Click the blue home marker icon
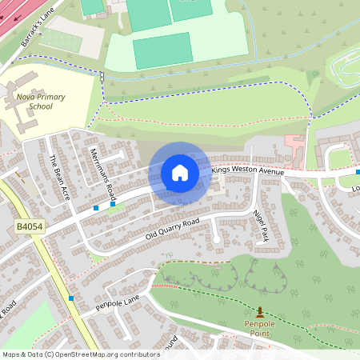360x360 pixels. (x=179, y=173)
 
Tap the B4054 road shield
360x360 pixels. (x=28, y=228)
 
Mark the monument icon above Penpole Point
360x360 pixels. (x=259, y=312)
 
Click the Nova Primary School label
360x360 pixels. (x=41, y=102)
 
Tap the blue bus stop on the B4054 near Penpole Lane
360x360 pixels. (x=71, y=298)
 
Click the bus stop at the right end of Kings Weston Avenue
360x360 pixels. (x=358, y=172)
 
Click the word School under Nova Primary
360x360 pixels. (x=40, y=106)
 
